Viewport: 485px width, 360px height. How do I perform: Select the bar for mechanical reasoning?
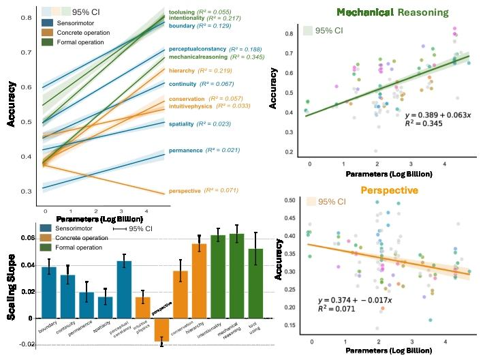236,276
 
